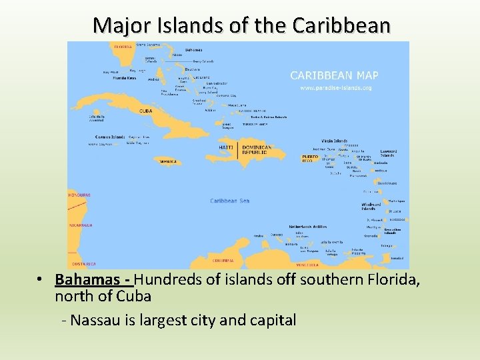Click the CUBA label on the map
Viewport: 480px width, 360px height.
[145, 111]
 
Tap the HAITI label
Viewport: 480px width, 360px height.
[227, 147]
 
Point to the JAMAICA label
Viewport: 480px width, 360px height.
[169, 161]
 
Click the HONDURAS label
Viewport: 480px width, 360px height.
[79, 195]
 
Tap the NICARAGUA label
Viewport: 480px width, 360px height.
[81, 225]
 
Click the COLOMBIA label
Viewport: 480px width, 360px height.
[223, 260]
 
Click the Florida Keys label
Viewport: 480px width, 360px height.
[125, 78]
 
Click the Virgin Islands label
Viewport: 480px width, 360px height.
[334, 141]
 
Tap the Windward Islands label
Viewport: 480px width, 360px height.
[371, 206]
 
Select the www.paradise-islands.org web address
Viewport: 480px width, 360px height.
[336, 87]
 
